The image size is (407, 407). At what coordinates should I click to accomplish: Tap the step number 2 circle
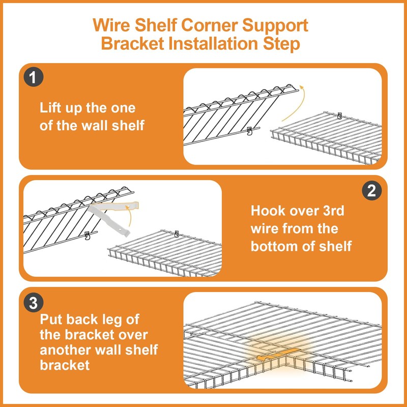372,191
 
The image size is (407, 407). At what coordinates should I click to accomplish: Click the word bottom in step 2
274,246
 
